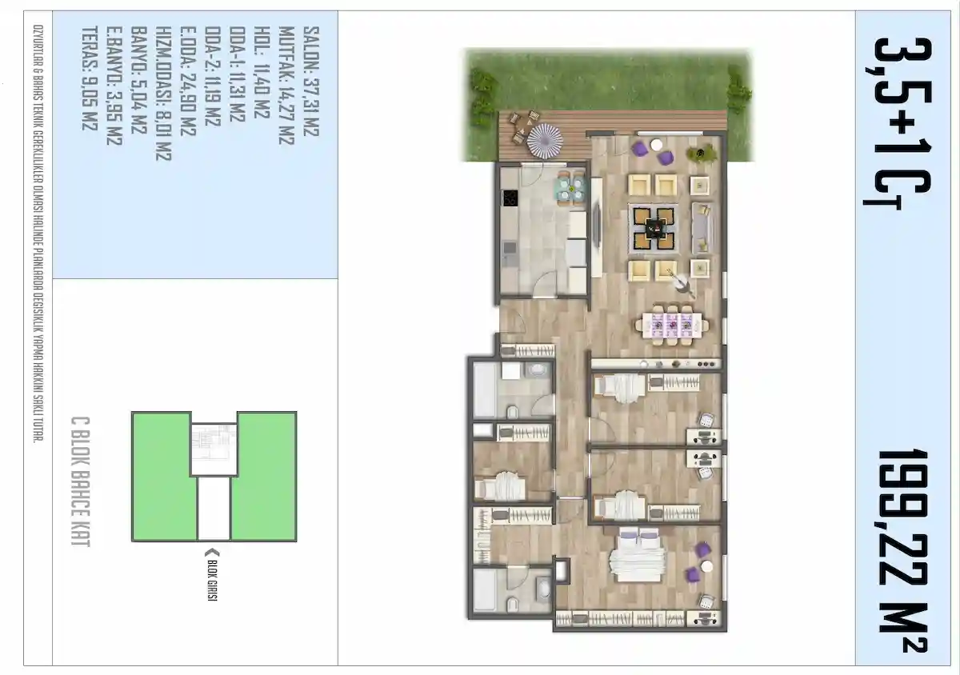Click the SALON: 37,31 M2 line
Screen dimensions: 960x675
(311, 82)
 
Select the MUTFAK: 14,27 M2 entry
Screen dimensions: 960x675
(286, 86)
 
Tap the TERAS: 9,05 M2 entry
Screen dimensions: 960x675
(90, 78)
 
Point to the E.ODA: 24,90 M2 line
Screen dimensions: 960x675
(188, 81)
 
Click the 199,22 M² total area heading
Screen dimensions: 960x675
(902, 550)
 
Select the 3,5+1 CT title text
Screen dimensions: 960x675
(898, 124)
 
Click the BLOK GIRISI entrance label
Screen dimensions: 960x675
(212, 581)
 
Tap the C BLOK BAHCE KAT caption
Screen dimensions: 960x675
(80, 481)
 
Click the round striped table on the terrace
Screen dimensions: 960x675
(545, 142)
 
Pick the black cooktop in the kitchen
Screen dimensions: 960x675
(510, 198)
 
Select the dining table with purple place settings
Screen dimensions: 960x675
(671, 325)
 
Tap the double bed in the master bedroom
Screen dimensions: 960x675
(638, 554)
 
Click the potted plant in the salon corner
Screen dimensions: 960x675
(700, 153)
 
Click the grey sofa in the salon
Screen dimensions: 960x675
(703, 228)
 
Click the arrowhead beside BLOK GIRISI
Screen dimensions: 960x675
(213, 553)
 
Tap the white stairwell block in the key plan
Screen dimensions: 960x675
(214, 509)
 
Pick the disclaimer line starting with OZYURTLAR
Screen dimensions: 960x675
(38, 234)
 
